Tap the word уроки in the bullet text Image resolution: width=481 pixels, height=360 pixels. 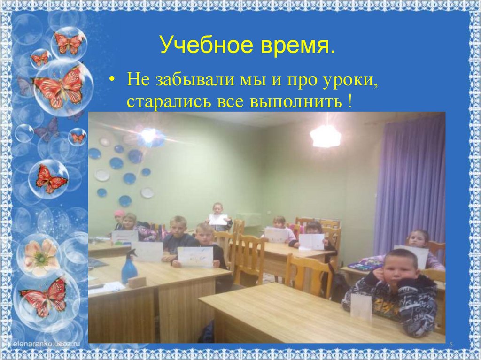pyautogui.click(x=351, y=79)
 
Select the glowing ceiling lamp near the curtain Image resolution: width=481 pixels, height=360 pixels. pyautogui.click(x=326, y=136)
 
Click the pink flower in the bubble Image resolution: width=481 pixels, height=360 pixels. pyautogui.click(x=40, y=255)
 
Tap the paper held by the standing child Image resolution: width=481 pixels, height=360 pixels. pyautogui.click(x=217, y=219)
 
